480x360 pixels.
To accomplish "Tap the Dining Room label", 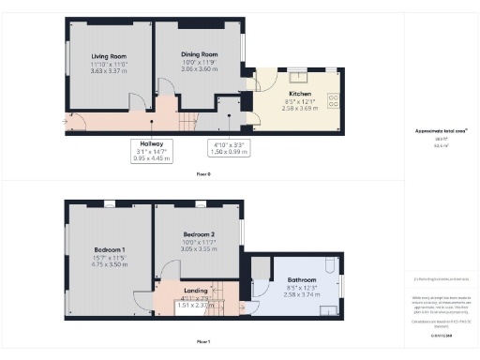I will pos(199,55).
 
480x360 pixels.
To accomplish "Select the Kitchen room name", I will pos(300,95).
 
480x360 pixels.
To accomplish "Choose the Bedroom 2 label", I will pos(199,233).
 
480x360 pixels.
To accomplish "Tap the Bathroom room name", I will pos(301,280).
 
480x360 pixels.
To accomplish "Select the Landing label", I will pos(197,292).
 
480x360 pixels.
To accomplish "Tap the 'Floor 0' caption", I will pos(202,174).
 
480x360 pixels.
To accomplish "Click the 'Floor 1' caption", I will pos(202,341).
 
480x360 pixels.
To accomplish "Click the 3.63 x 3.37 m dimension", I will pos(110,69).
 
